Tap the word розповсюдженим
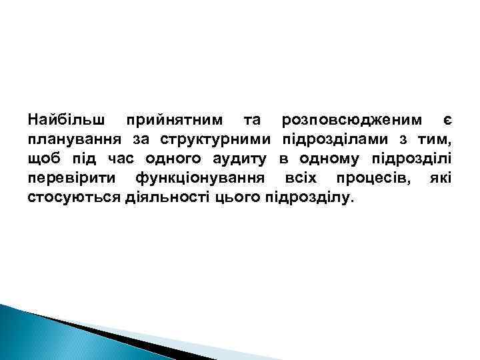pyautogui.click(x=352, y=121)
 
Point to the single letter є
pyautogui.click(x=448, y=121)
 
